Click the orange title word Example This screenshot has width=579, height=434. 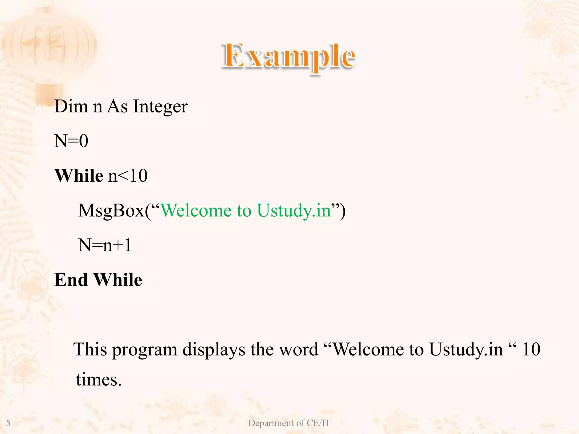click(288, 57)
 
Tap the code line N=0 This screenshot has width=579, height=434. click(71, 141)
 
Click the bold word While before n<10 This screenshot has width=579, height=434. click(79, 176)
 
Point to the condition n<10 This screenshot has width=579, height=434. click(128, 176)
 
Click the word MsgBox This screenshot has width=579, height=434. click(111, 211)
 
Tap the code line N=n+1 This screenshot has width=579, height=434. click(105, 245)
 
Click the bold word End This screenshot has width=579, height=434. click(71, 280)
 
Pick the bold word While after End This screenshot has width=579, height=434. click(118, 280)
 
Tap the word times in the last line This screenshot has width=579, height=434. click(99, 379)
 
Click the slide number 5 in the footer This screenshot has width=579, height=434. click(8, 423)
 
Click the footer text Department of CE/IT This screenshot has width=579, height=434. click(289, 423)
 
